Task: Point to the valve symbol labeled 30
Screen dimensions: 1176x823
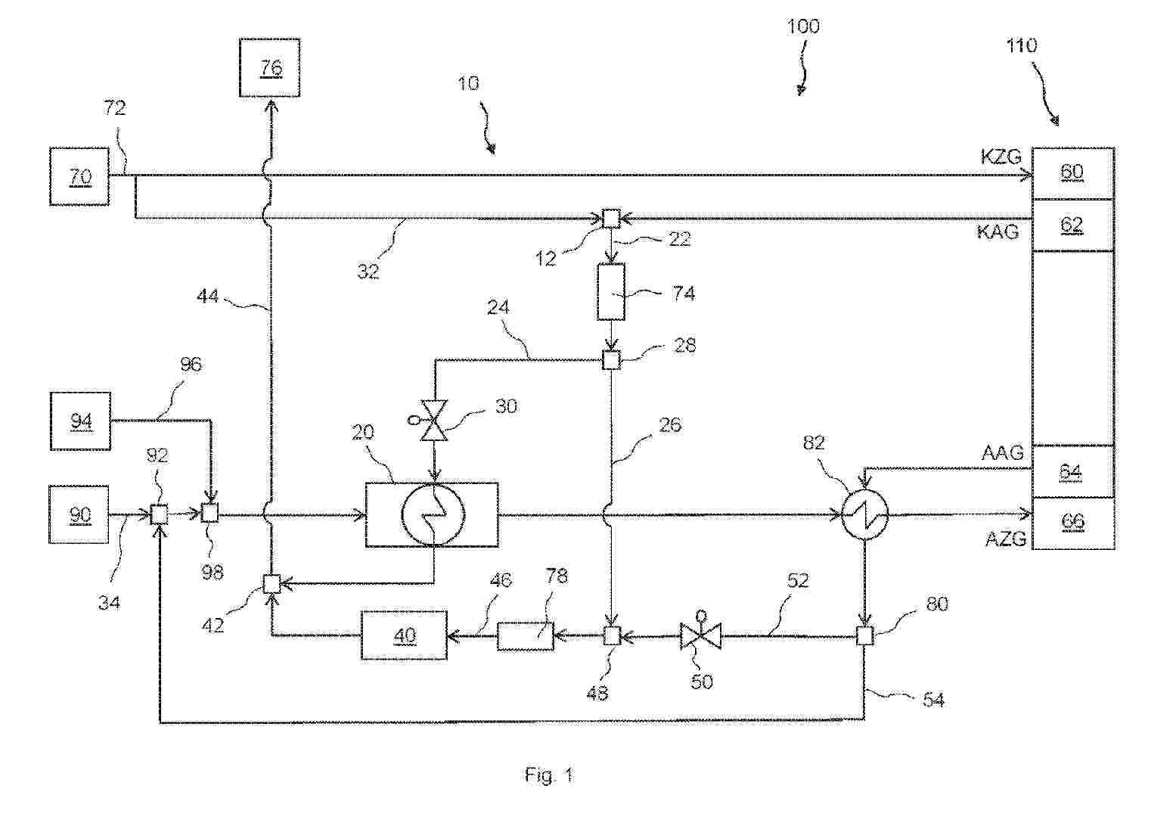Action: click(x=434, y=420)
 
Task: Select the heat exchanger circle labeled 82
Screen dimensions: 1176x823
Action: click(x=864, y=514)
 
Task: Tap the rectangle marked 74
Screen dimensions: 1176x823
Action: click(x=611, y=291)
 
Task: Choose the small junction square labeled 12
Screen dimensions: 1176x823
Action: click(x=610, y=218)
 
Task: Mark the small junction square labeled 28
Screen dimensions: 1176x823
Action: click(x=611, y=360)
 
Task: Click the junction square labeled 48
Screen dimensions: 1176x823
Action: click(x=611, y=636)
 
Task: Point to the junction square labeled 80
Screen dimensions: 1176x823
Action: click(x=864, y=636)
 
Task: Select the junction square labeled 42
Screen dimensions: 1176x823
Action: click(x=272, y=584)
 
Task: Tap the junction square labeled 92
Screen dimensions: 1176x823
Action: click(x=159, y=514)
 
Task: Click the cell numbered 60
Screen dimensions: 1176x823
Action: click(x=1072, y=172)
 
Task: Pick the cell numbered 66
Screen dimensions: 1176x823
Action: click(x=1072, y=523)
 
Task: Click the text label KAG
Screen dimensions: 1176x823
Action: click(x=998, y=231)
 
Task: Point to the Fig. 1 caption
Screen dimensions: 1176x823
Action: click(x=549, y=775)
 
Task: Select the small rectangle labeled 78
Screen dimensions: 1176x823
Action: click(x=526, y=636)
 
